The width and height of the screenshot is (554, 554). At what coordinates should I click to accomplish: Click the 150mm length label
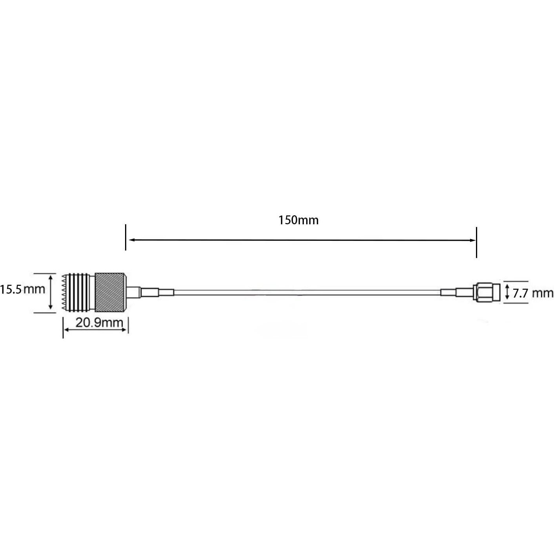click(298, 220)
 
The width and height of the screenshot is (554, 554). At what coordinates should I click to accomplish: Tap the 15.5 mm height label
click(22, 290)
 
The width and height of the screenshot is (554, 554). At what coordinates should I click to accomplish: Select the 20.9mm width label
click(99, 323)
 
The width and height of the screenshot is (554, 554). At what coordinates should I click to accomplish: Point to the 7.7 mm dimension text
click(533, 293)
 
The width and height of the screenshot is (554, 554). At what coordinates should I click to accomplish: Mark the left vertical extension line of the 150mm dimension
click(125, 237)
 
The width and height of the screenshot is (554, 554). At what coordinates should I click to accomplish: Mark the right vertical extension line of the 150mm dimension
click(476, 242)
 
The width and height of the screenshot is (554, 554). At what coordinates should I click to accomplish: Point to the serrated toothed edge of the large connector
click(64, 292)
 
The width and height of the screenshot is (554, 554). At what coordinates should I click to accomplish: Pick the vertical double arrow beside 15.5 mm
click(51, 292)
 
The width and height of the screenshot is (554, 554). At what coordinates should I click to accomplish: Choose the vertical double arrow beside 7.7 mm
click(507, 292)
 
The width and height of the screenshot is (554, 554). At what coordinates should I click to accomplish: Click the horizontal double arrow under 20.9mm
click(95, 330)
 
